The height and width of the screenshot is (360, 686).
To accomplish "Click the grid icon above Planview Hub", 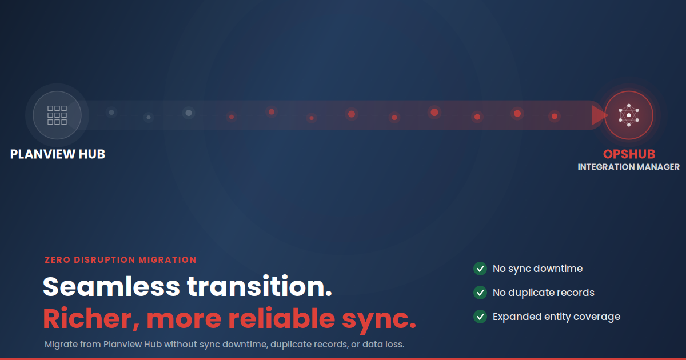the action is (57, 115).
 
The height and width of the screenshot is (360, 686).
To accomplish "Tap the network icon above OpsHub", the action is (629, 115).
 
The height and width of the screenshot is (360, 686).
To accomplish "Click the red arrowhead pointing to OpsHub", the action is (600, 115).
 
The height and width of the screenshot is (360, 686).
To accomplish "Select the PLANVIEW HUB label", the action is (58, 154).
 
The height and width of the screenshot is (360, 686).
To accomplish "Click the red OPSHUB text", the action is (629, 154).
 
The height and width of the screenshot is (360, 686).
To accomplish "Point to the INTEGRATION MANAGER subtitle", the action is (629, 167).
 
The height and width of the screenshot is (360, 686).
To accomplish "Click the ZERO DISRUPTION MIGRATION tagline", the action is (121, 260).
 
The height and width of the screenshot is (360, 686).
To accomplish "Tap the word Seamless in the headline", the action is (111, 286).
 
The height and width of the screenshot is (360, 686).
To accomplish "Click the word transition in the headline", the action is (260, 286).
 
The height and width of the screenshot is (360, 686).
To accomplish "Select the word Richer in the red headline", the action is (91, 319).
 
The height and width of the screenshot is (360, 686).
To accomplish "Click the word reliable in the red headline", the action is (282, 318).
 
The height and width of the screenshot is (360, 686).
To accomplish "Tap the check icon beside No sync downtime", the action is (480, 269).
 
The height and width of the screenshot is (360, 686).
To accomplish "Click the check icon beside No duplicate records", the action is (480, 293).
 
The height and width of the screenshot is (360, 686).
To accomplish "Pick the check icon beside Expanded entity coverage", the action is (480, 316).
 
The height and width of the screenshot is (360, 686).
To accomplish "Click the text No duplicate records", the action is (544, 293).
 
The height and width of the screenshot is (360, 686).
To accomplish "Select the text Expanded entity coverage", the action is (556, 317).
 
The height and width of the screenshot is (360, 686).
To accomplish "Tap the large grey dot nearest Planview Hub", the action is (189, 113).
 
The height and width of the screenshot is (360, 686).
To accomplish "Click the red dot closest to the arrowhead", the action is (555, 117).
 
